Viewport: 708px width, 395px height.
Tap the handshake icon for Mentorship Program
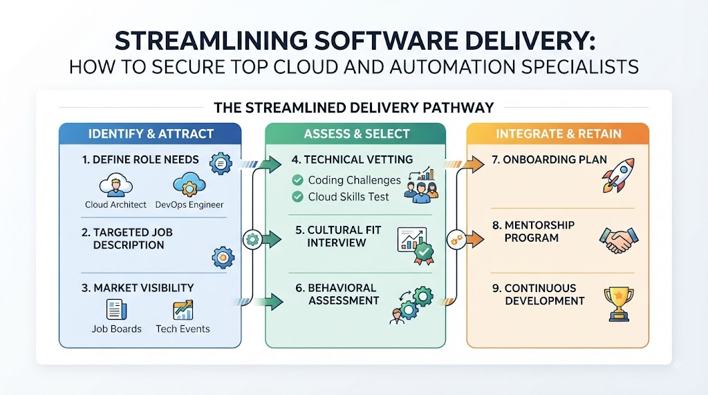619,240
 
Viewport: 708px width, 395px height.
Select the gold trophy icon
619,304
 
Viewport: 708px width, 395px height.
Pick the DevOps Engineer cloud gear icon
189,184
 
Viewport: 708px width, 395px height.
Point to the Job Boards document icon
116,310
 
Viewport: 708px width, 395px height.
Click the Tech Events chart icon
183,310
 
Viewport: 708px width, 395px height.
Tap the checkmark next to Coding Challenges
297,180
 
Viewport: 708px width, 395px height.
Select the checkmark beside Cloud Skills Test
297,197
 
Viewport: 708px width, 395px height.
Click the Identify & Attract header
150,134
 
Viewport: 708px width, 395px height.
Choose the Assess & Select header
356,134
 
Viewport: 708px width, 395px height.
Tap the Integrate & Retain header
558,134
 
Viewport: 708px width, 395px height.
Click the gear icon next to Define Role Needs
221,164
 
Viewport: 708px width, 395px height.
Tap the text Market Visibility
138,288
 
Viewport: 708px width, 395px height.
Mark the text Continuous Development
538,294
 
